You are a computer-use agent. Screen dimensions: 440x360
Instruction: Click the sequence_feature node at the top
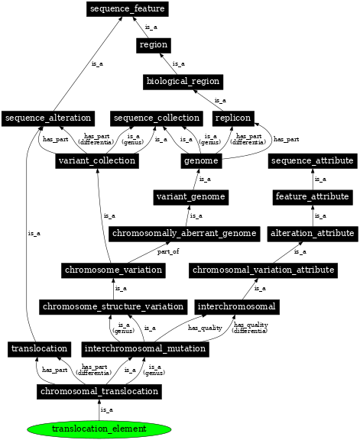point(126,9)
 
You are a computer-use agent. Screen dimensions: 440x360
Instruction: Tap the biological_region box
point(182,81)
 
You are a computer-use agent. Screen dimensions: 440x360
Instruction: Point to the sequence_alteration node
point(48,118)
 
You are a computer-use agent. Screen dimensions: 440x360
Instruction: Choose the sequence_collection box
point(157,118)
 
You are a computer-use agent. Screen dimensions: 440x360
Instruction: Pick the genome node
point(202,160)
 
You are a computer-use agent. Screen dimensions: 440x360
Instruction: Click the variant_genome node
point(190,197)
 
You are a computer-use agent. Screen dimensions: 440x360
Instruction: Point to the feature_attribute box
point(311,197)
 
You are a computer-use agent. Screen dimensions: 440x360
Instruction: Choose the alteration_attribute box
point(311,233)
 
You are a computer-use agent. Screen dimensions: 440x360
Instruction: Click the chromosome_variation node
point(113,270)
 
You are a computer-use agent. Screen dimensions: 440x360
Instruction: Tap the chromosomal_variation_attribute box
point(263,270)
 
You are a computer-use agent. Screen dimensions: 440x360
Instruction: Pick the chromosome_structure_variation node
point(113,306)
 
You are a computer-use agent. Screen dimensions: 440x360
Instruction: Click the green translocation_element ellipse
point(99,429)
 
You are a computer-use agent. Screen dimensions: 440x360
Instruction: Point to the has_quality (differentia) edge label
point(251,328)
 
